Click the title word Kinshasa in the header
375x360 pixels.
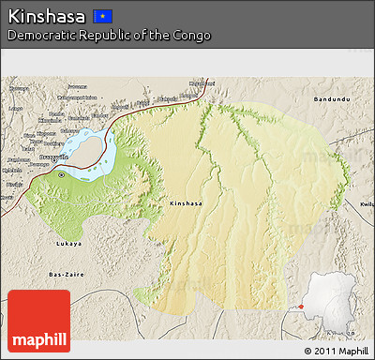47,16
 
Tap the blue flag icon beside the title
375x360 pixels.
103,16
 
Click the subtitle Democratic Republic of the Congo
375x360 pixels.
109,36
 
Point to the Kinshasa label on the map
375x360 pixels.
185,202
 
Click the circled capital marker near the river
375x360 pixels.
62,173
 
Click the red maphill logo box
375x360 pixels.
38,322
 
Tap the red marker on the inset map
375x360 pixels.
301,306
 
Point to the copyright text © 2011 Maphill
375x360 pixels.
336,351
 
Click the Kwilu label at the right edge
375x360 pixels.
367,202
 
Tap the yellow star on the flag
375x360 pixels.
101,16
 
